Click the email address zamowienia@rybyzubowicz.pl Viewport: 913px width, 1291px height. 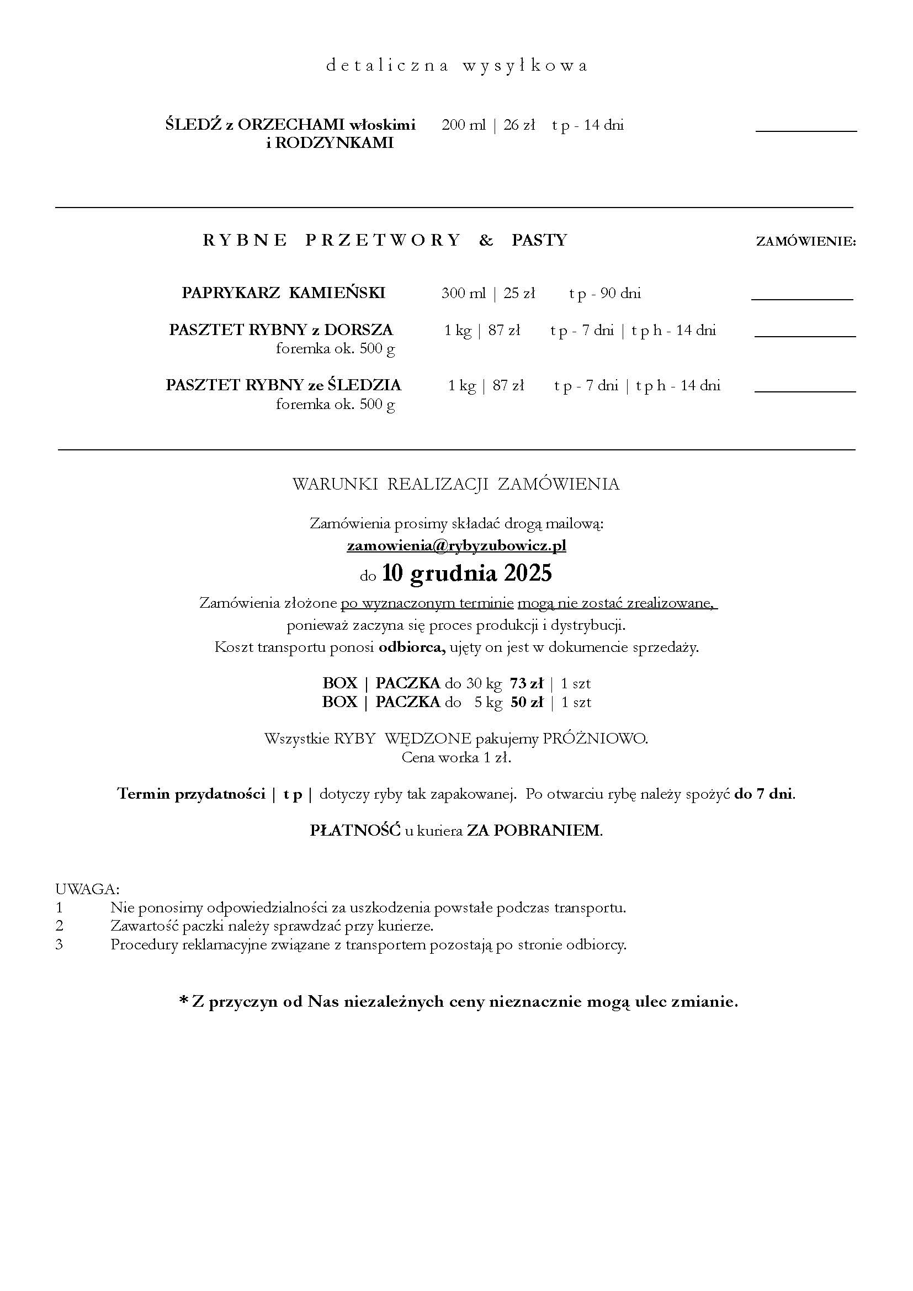(x=456, y=546)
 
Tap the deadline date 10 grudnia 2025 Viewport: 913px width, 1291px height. (x=466, y=573)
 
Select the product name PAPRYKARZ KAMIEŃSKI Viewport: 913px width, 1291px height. (x=283, y=293)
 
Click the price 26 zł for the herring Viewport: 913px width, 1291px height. (x=518, y=125)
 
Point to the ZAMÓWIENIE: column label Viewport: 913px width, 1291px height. (x=805, y=242)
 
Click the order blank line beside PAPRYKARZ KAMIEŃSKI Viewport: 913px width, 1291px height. (x=801, y=299)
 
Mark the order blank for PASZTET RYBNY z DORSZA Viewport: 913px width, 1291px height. (x=804, y=336)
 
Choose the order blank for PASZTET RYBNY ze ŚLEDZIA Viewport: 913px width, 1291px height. (x=804, y=391)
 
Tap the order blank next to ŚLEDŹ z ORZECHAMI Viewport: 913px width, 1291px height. (x=805, y=130)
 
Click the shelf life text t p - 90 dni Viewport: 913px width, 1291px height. (x=604, y=293)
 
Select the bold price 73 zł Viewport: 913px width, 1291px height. (x=527, y=683)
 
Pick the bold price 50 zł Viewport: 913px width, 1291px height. (x=527, y=702)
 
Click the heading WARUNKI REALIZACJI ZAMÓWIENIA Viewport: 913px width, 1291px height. (x=456, y=484)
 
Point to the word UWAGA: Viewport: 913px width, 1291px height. (x=87, y=889)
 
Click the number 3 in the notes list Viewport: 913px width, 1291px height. (x=59, y=944)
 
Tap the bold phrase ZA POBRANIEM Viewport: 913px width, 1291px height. (x=534, y=831)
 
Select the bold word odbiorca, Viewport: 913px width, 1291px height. (x=412, y=647)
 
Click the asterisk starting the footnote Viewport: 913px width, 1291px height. (x=183, y=1000)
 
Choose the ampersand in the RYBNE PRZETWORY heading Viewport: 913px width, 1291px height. (x=486, y=241)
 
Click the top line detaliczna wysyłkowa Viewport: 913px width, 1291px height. (x=456, y=66)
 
